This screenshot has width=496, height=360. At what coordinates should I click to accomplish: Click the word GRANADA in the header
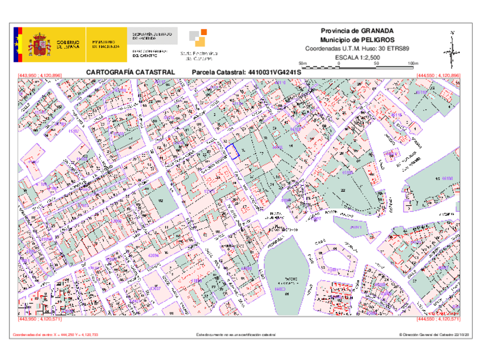click(x=377, y=31)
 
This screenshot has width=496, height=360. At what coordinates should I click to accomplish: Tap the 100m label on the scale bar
click(x=412, y=63)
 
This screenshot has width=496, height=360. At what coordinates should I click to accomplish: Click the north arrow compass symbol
click(x=452, y=50)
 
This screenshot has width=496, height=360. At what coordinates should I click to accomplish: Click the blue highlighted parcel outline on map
click(x=233, y=151)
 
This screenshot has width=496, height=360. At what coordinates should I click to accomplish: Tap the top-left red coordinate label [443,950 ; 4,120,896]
click(x=40, y=76)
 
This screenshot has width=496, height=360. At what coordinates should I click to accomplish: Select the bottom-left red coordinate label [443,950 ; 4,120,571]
click(x=40, y=320)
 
